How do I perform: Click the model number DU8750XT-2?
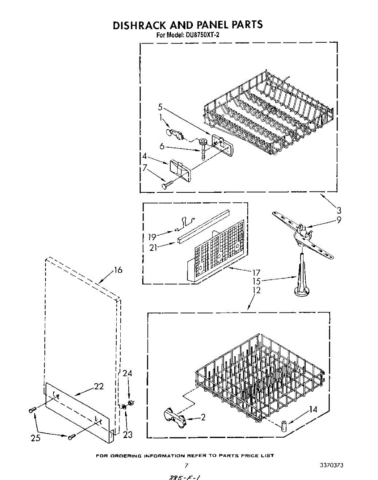point(202,35)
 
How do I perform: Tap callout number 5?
point(160,107)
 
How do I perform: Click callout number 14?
point(313,409)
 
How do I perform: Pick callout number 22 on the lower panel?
point(99,386)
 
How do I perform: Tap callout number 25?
point(36,438)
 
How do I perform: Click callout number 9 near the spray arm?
point(339,220)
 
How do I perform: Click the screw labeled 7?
point(167,184)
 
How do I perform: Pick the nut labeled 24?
point(130,402)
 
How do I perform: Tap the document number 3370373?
point(332,465)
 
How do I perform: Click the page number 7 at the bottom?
point(186,465)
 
